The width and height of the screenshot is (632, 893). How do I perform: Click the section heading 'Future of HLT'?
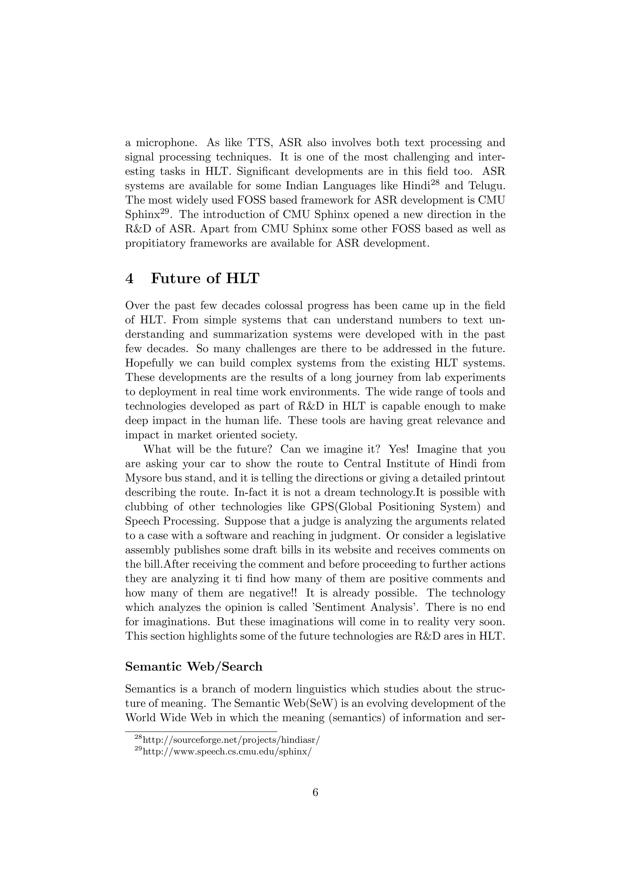205,278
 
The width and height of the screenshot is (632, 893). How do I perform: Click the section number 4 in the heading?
130,279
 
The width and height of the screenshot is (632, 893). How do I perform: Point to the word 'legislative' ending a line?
476,536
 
